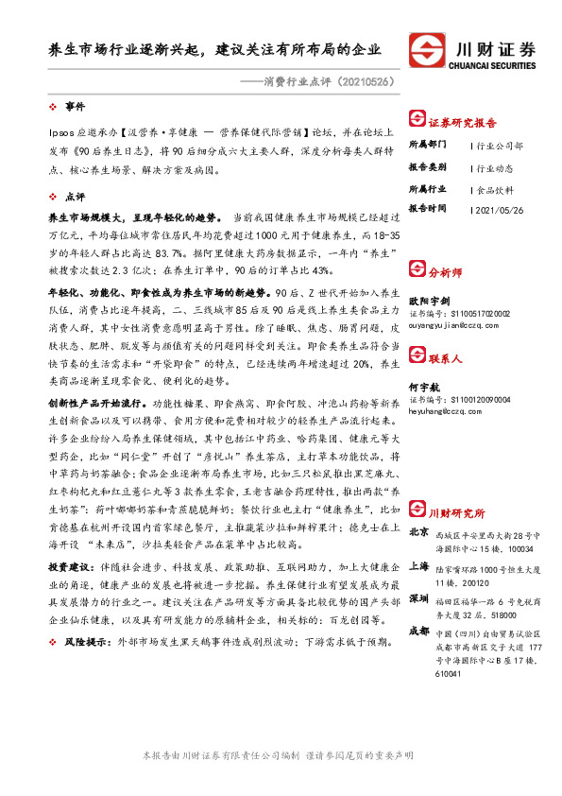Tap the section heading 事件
tap(76, 104)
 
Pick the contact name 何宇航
tap(424, 388)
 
